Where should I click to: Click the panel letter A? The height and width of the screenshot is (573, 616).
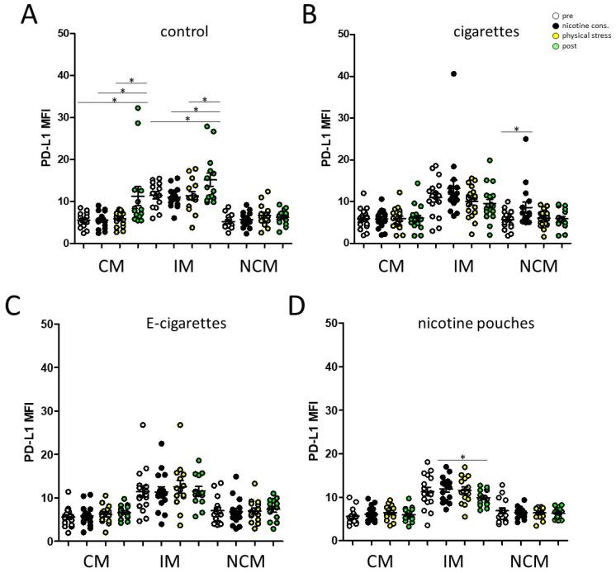point(14,14)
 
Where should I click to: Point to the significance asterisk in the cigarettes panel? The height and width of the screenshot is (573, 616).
point(517,129)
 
